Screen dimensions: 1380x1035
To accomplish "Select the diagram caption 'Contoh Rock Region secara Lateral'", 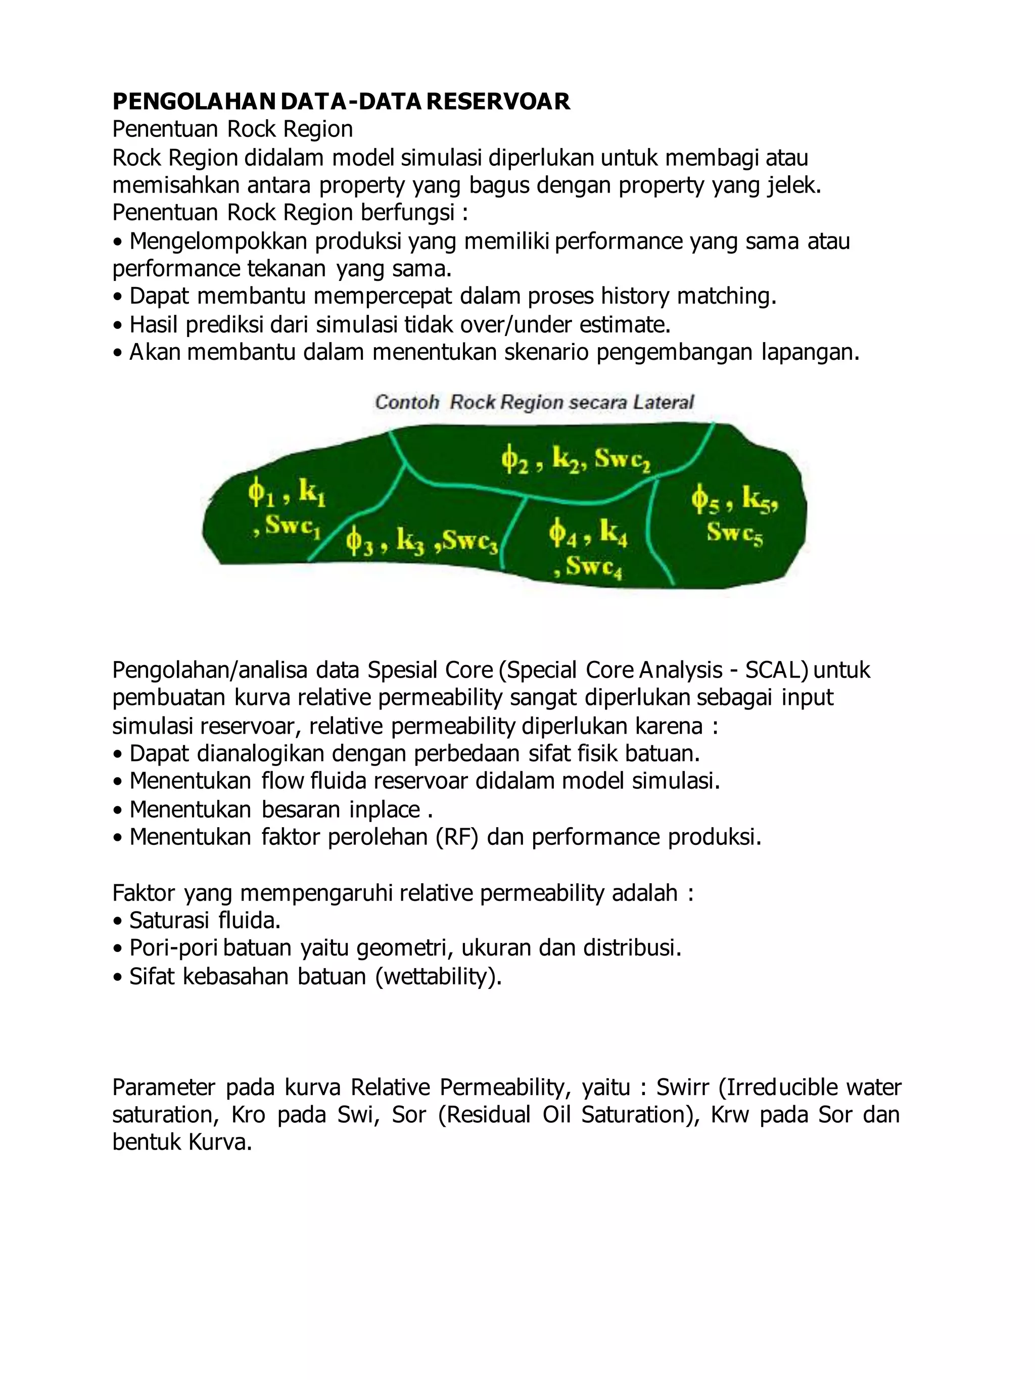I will click(x=534, y=402).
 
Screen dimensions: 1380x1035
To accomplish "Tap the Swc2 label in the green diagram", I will click(x=622, y=460).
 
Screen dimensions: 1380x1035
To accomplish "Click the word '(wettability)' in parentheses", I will click(x=438, y=976).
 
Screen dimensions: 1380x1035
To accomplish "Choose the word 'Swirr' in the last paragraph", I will click(x=683, y=1087).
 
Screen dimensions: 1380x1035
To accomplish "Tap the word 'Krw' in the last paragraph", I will click(x=729, y=1115).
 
